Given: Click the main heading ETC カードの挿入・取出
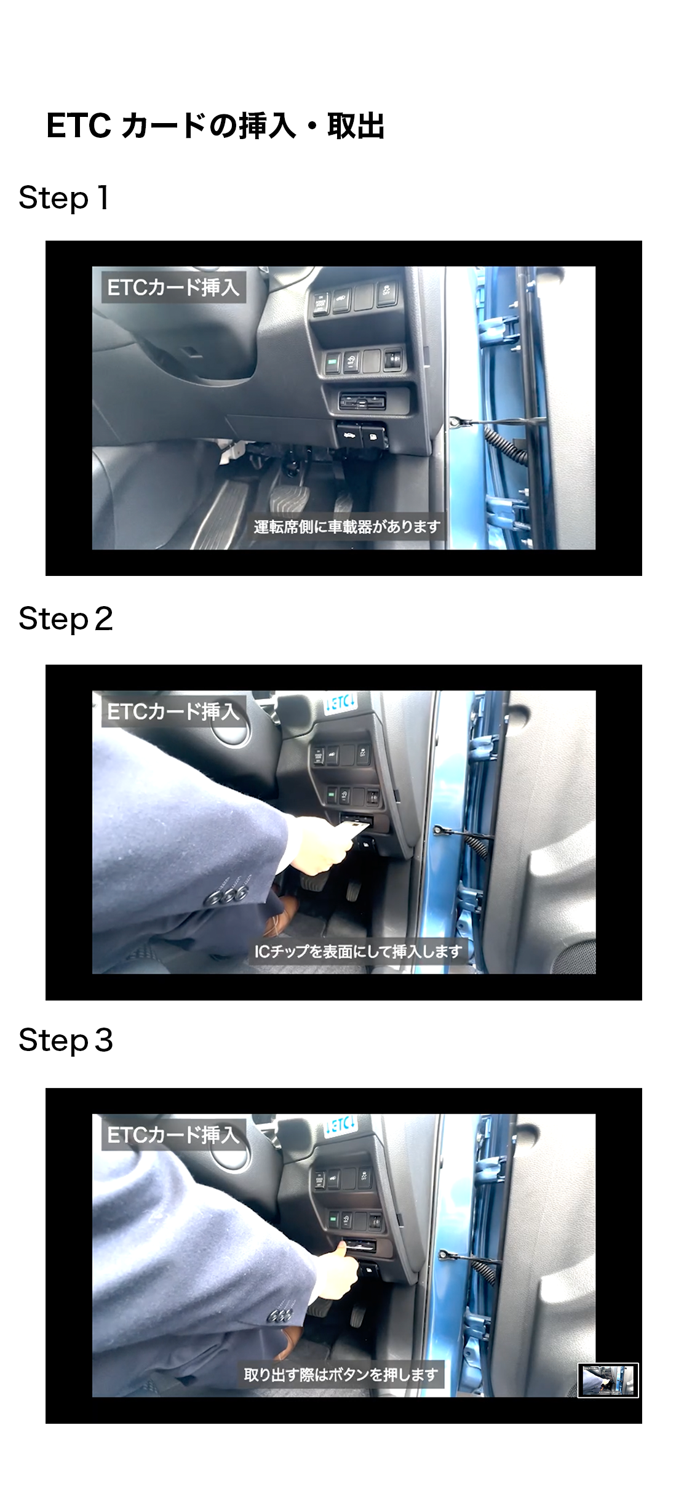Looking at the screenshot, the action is point(215,126).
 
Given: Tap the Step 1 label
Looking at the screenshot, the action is point(64,198).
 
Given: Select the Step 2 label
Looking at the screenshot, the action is point(66,619).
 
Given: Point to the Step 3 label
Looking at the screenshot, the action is point(66,1041).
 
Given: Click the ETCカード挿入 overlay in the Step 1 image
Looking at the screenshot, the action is point(173,287).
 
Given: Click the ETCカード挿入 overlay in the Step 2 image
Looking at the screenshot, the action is point(173,711).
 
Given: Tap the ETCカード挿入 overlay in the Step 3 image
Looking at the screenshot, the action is point(173,1135).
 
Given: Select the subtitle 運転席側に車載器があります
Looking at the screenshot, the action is point(347,527).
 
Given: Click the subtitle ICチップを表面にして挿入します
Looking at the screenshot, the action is point(358,951).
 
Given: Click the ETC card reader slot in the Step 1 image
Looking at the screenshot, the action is point(363,402).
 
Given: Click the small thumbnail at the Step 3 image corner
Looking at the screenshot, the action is point(608,1380).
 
